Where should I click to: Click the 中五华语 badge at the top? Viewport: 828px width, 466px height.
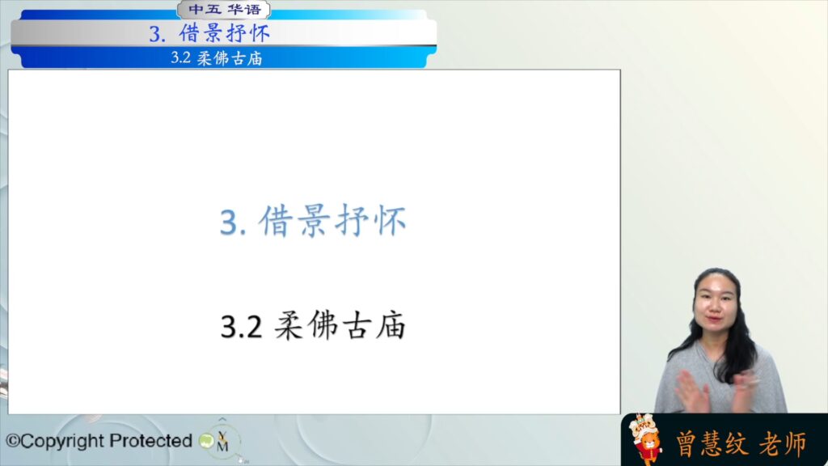tap(225, 10)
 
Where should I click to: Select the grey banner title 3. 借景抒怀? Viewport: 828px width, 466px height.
tap(209, 34)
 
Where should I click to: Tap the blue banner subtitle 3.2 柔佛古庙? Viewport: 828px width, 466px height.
tap(217, 58)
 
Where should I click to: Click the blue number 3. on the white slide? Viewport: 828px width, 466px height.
tap(233, 222)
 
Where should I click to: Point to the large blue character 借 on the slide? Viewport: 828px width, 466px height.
tap(276, 221)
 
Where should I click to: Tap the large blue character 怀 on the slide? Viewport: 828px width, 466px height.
tap(390, 221)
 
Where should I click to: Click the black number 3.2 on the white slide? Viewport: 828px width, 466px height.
tap(241, 327)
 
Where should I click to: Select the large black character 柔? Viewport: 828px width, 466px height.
tap(289, 325)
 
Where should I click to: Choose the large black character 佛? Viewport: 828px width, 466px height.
tap(322, 325)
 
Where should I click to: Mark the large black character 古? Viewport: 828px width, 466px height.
tap(357, 325)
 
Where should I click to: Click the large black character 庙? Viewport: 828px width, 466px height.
tap(391, 325)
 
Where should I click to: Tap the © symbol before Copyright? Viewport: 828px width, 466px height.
tap(13, 441)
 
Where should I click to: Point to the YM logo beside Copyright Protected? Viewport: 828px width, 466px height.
tap(222, 442)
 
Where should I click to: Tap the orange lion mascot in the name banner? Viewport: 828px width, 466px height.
tap(646, 438)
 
